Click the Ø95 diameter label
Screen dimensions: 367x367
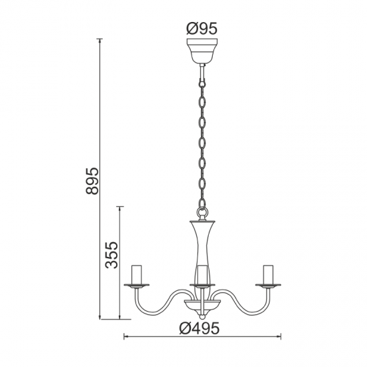pyautogui.click(x=202, y=29)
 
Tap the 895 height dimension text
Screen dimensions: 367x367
pyautogui.click(x=93, y=181)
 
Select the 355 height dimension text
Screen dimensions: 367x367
pyautogui.click(x=112, y=255)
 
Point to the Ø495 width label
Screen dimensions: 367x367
pyautogui.click(x=202, y=328)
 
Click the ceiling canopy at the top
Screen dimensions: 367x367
pyautogui.click(x=202, y=51)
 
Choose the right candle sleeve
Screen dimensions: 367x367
pyautogui.click(x=268, y=273)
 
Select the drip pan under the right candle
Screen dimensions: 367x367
pyautogui.click(x=268, y=284)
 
